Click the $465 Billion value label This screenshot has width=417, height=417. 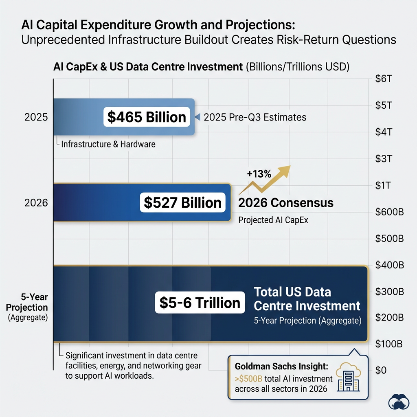(147, 117)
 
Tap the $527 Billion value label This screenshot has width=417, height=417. (183, 202)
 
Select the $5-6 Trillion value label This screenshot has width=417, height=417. (200, 303)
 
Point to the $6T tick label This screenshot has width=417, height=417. (383, 79)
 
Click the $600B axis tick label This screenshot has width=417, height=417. (388, 212)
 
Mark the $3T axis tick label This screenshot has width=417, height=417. (383, 159)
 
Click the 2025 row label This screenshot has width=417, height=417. (36, 117)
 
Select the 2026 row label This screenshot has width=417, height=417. (36, 202)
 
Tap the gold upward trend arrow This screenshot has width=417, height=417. (267, 179)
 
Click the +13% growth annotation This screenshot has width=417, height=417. (259, 174)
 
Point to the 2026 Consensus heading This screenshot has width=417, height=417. (286, 202)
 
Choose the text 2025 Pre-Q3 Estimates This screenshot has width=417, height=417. (255, 117)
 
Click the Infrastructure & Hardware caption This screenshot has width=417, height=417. (108, 144)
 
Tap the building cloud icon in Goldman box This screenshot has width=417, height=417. (347, 377)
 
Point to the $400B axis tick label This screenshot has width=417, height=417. (388, 265)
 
